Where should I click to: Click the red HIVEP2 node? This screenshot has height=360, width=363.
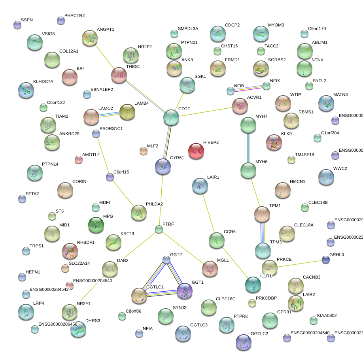pyautogui.click(x=196, y=151)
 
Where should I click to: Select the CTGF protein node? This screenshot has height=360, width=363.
pyautogui.click(x=171, y=117)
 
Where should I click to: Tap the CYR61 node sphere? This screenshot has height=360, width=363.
pyautogui.click(x=163, y=167)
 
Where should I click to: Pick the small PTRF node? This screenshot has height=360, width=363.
pyautogui.click(x=159, y=229)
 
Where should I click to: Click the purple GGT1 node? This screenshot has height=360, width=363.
pyautogui.click(x=185, y=291)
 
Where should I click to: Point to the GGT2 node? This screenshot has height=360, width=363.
pyautogui.click(x=166, y=259)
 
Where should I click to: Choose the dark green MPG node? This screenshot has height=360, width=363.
pyautogui.click(x=96, y=225)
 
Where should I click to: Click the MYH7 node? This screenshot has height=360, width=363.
pyautogui.click(x=248, y=125)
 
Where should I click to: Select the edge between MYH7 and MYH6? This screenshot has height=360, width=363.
pyautogui.click(x=248, y=147)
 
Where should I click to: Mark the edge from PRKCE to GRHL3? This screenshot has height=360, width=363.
pyautogui.click(x=301, y=263)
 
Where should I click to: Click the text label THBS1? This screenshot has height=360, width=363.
pyautogui.click(x=133, y=66)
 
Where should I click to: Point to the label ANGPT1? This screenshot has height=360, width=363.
pyautogui.click(x=105, y=30)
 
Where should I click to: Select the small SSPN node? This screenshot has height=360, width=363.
pyautogui.click(x=17, y=25)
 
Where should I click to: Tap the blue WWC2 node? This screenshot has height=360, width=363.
pyautogui.click(x=326, y=177)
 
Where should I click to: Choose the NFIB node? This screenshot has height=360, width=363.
pyautogui.click(x=231, y=91)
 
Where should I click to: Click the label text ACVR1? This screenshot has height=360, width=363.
pyautogui.click(x=254, y=97)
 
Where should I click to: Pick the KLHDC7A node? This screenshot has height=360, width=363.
pyautogui.click(x=26, y=90)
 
